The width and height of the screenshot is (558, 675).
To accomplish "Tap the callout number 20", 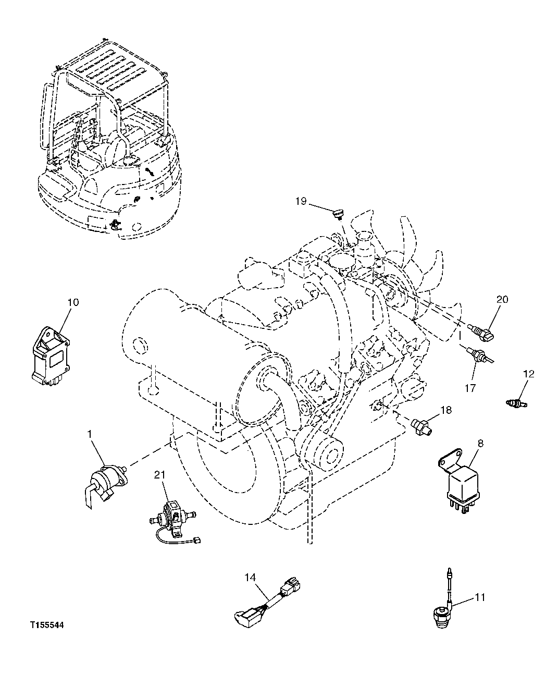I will (502, 299).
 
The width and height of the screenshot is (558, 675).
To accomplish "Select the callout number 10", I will (72, 302).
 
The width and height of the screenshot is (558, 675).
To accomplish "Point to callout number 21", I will (159, 474).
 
